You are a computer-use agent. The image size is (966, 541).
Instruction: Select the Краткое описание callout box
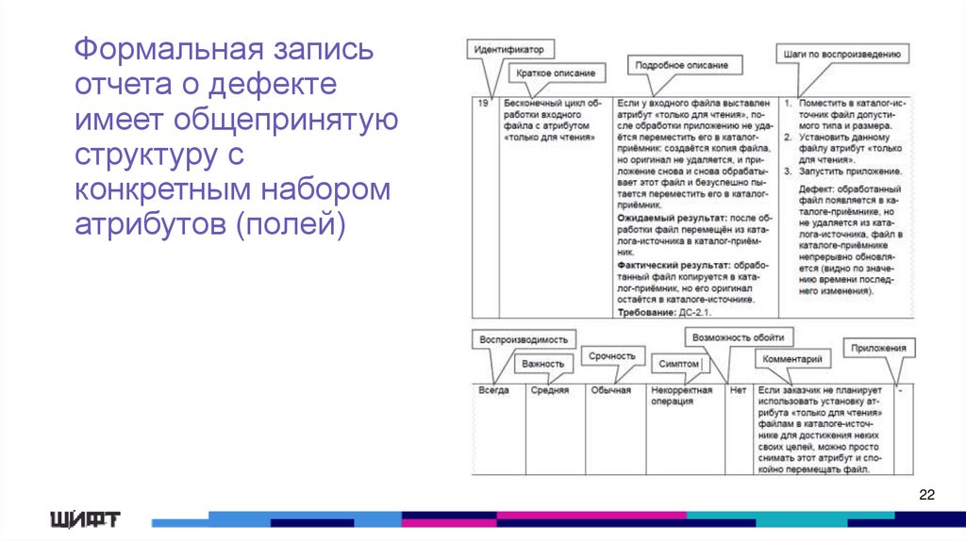coord(557,73)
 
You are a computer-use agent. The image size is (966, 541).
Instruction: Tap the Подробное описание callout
coord(681,65)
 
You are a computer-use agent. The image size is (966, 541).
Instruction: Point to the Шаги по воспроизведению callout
coord(841,55)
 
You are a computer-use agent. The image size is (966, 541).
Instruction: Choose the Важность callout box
coord(544,363)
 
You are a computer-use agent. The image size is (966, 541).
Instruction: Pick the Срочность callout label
coord(612,355)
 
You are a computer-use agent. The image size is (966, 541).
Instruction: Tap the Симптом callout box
coord(680,363)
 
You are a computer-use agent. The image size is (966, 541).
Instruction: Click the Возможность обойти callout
coord(737,336)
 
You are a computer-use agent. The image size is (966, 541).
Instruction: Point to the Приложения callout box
coord(878,348)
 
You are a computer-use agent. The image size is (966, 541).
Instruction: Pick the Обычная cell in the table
coord(611,389)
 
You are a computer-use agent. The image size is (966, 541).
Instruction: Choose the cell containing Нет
coord(738,389)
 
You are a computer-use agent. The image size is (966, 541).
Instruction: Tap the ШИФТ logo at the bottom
coord(85,518)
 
